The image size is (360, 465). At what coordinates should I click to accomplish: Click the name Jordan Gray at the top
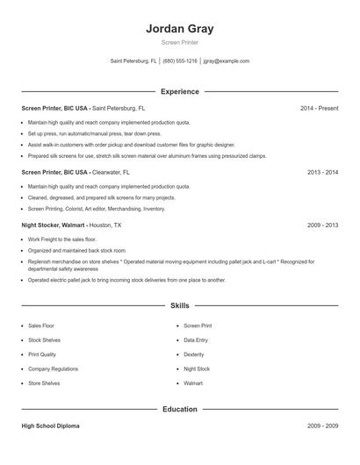(180, 28)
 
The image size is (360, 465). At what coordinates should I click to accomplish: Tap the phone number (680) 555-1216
(180, 61)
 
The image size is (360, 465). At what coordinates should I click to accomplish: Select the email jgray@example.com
(227, 61)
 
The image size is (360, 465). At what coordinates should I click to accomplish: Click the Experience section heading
(180, 91)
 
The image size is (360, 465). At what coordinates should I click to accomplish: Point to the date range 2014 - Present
(319, 108)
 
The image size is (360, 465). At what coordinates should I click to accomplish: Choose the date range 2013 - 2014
(322, 173)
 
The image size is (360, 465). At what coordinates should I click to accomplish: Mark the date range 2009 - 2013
(322, 225)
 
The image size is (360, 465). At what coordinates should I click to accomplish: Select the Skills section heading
(180, 305)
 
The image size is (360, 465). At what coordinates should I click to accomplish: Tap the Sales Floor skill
(41, 325)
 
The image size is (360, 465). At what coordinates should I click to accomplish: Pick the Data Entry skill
(197, 340)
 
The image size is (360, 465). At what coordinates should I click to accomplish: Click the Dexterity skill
(194, 354)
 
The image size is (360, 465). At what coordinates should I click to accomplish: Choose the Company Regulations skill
(53, 369)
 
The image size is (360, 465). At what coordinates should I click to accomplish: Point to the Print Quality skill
(42, 354)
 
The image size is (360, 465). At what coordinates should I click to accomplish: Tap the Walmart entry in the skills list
(193, 383)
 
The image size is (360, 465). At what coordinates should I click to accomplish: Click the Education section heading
(180, 409)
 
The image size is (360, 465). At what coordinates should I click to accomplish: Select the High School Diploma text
(50, 426)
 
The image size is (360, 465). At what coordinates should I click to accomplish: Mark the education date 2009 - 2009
(322, 426)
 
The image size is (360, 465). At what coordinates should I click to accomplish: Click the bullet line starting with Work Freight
(62, 239)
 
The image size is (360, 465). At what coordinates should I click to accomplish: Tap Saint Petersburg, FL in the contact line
(134, 61)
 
